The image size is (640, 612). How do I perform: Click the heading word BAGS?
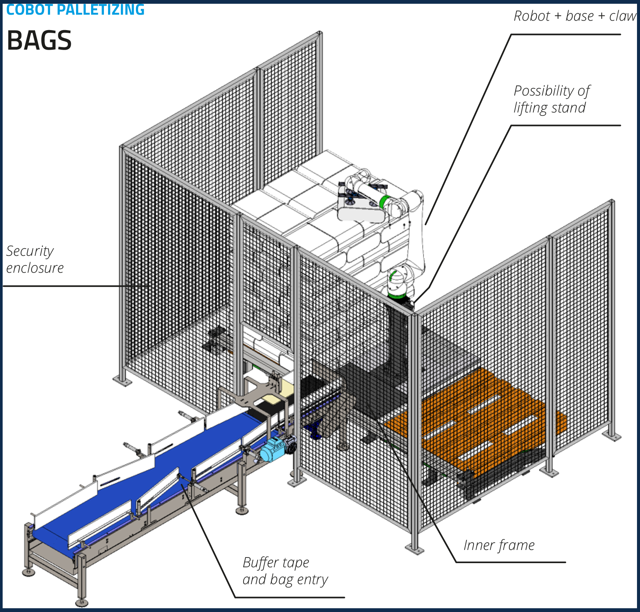coord(39,41)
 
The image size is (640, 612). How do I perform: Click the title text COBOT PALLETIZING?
coord(75,10)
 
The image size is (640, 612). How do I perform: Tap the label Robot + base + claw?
coord(574,16)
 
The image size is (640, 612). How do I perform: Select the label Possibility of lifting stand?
coord(551,99)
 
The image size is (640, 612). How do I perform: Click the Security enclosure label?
coord(35,259)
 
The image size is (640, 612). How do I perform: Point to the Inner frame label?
coord(499,545)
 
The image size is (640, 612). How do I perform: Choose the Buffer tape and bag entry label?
coord(285,571)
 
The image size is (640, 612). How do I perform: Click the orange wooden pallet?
coord(474,418)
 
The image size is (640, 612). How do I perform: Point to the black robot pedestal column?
coord(397,335)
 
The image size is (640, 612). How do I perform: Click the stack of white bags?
coord(312,203)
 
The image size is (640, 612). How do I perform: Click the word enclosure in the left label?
coord(35,268)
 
